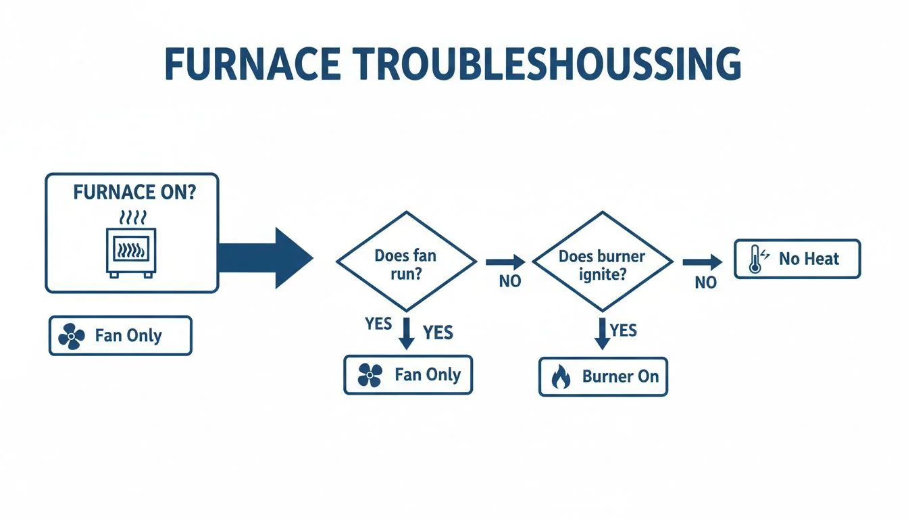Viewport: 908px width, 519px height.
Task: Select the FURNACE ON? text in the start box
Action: (x=134, y=193)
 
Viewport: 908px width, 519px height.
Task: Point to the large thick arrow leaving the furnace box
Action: (x=266, y=258)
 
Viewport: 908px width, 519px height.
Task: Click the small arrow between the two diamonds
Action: (x=505, y=262)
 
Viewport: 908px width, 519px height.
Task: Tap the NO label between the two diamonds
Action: (x=509, y=281)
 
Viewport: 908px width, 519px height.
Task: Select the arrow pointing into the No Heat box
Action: (x=703, y=262)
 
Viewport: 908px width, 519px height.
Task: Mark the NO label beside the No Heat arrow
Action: (x=705, y=282)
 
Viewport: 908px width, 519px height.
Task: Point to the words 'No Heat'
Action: (x=809, y=259)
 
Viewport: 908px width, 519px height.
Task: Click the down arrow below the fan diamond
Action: (x=405, y=334)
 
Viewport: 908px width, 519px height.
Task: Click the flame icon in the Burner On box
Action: (x=561, y=377)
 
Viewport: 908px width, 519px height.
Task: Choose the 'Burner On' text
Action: (x=620, y=376)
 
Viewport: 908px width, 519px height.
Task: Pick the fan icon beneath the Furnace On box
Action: (x=71, y=336)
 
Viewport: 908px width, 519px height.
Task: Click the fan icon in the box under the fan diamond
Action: (x=370, y=375)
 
